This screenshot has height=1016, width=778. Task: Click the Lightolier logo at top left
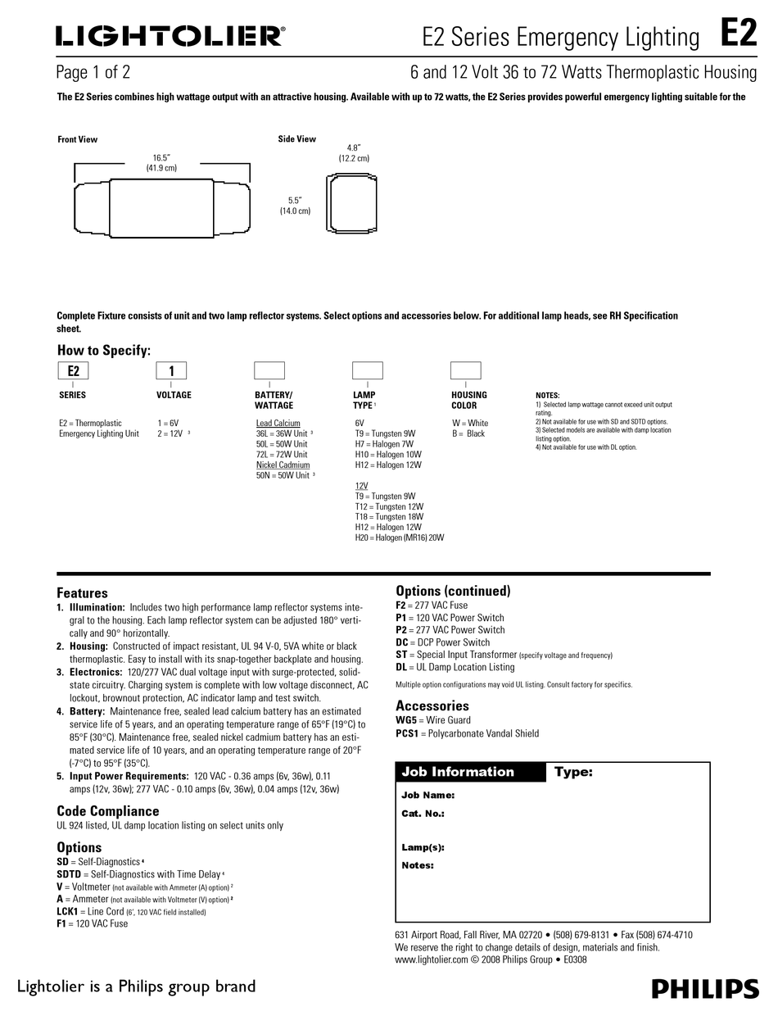tap(170, 35)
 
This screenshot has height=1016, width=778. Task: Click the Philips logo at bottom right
tap(704, 988)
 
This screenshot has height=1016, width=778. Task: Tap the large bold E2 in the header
tap(738, 34)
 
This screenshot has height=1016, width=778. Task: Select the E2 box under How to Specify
tap(73, 370)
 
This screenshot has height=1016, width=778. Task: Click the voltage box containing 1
tap(171, 370)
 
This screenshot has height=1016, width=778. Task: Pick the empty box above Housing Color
tap(466, 370)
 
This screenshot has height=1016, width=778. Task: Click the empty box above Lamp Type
tap(368, 370)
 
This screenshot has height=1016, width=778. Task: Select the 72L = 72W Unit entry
tap(282, 455)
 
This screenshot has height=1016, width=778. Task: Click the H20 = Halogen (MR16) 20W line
tap(400, 537)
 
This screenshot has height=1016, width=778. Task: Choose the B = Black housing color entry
tap(468, 433)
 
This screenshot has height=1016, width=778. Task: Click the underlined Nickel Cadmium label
tap(283, 465)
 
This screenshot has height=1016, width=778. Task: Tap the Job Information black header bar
tap(470, 772)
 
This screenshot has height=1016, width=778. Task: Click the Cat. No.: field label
tap(423, 814)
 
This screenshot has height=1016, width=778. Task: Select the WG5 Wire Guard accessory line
tap(433, 720)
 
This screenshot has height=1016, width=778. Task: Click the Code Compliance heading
tap(107, 810)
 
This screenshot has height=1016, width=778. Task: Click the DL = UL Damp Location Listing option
tap(455, 667)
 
